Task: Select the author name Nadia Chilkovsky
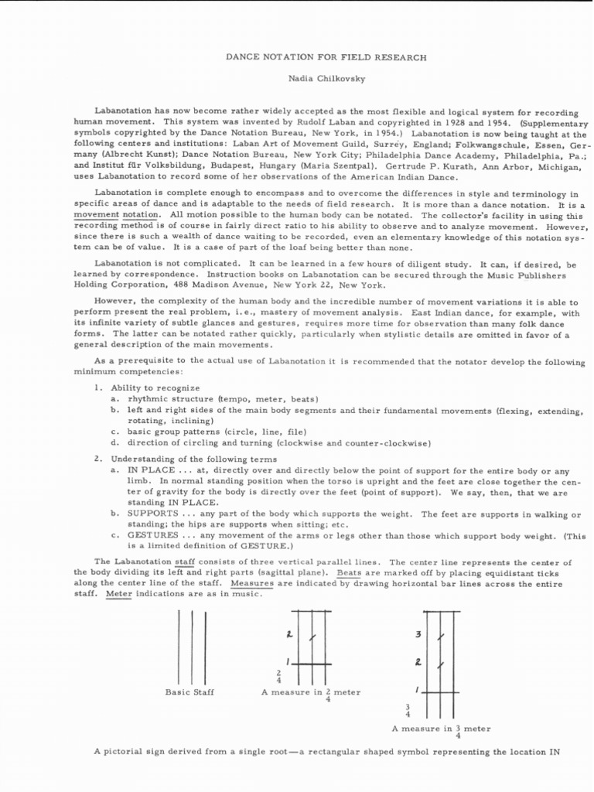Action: click(x=298, y=80)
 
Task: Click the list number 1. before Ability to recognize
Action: click(x=97, y=387)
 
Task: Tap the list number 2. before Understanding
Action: click(x=97, y=459)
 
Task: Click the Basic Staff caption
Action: click(x=189, y=692)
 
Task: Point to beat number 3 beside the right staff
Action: click(x=418, y=634)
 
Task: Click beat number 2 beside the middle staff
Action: click(x=288, y=634)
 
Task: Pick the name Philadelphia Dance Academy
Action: click(x=457, y=155)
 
